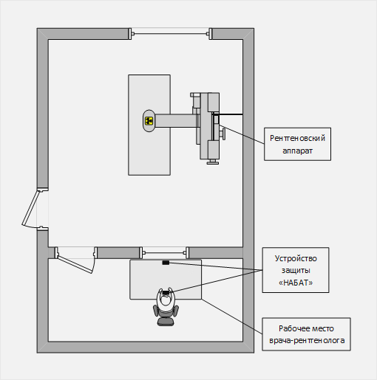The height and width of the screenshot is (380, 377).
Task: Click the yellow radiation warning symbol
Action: [x=149, y=121]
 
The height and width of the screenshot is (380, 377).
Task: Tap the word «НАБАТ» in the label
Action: [x=296, y=283]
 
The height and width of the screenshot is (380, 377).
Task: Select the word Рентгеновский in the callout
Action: [x=297, y=138]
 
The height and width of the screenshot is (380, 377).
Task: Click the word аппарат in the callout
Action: [x=297, y=151]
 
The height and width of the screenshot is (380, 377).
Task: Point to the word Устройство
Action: [x=296, y=258]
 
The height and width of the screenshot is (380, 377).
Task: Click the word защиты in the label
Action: [x=296, y=271]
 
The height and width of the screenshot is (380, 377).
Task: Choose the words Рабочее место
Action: [x=306, y=328]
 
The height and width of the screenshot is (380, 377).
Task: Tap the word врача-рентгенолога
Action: [x=307, y=341]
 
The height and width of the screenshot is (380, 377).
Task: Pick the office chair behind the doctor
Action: [x=166, y=317]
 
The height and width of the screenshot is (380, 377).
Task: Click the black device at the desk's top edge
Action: [x=166, y=263]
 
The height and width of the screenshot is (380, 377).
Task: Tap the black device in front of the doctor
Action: [x=166, y=292]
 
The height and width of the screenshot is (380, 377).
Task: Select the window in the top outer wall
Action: [x=170, y=34]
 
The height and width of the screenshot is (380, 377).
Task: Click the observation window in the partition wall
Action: [x=164, y=252]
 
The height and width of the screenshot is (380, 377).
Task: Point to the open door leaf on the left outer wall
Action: [x=30, y=208]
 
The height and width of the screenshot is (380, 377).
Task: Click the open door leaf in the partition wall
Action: [x=75, y=264]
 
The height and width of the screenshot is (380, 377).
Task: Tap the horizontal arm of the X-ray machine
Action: [x=176, y=120]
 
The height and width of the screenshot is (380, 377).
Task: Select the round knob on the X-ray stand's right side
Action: [x=223, y=134]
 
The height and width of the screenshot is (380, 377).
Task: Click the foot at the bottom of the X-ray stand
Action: [x=213, y=162]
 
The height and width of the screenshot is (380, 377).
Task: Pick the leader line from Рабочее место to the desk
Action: [x=232, y=317]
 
